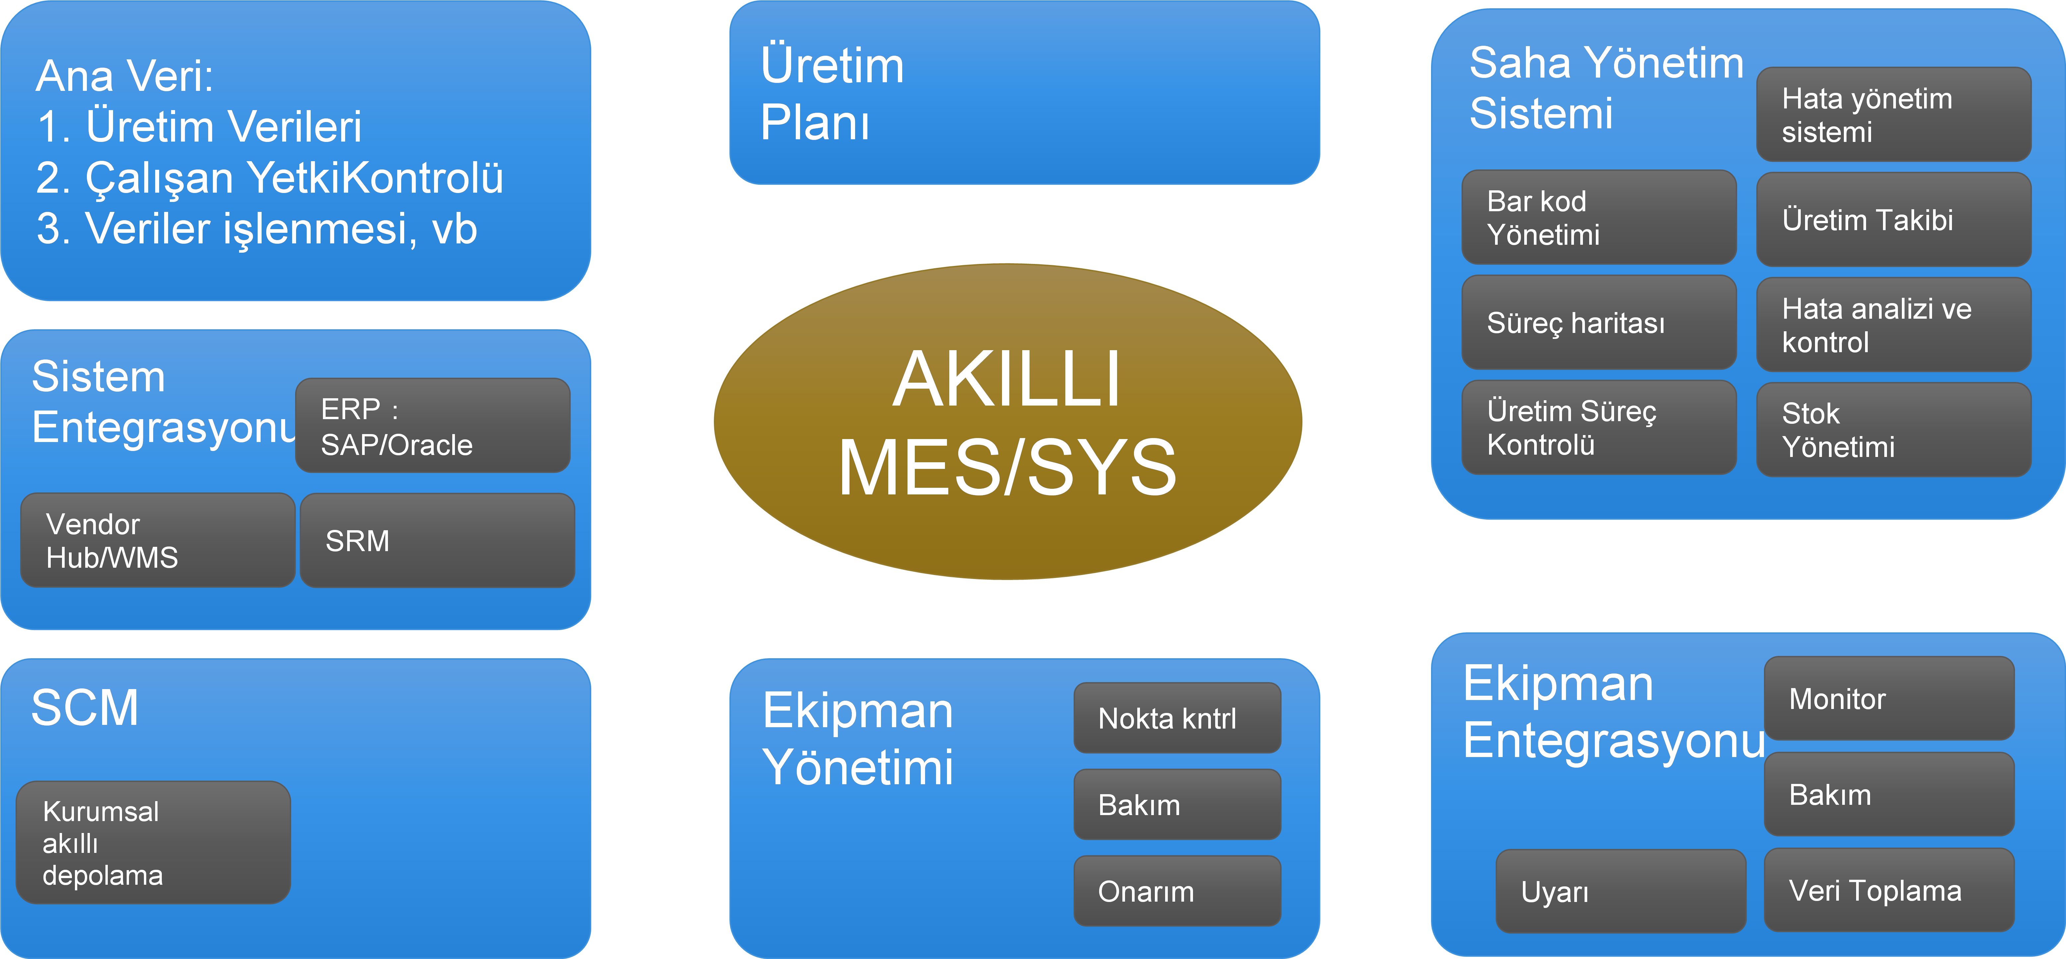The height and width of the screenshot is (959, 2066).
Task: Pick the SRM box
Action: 437,541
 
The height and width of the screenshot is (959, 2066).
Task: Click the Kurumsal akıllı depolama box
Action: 153,843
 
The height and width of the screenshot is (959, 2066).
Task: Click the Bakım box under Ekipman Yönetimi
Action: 1176,804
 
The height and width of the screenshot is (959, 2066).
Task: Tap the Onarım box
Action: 1176,891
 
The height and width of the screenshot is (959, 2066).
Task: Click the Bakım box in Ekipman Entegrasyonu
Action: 1889,794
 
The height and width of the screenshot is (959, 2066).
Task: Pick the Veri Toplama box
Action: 1889,890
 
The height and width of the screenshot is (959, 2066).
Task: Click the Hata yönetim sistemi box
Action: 1893,115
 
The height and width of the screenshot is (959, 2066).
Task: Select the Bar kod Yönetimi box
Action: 1598,217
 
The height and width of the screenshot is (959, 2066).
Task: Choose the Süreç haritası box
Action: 1598,322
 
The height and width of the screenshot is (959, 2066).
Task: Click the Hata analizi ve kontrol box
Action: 1893,325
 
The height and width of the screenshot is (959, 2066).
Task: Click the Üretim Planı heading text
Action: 832,94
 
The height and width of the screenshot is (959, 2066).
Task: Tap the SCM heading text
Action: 85,708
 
